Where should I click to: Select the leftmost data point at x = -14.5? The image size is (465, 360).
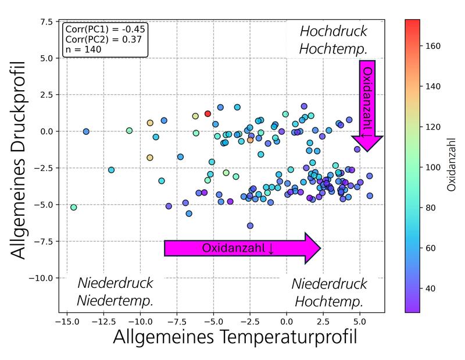(x=74, y=207)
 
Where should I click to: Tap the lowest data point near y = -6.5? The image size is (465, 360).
(x=250, y=226)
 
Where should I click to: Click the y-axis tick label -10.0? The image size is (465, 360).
(x=41, y=278)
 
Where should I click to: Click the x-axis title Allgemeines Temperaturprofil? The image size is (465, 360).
(x=234, y=338)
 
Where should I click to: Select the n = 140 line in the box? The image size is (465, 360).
(x=85, y=50)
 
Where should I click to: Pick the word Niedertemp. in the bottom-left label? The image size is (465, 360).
(x=115, y=301)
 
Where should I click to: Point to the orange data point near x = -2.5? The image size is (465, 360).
(x=251, y=140)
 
